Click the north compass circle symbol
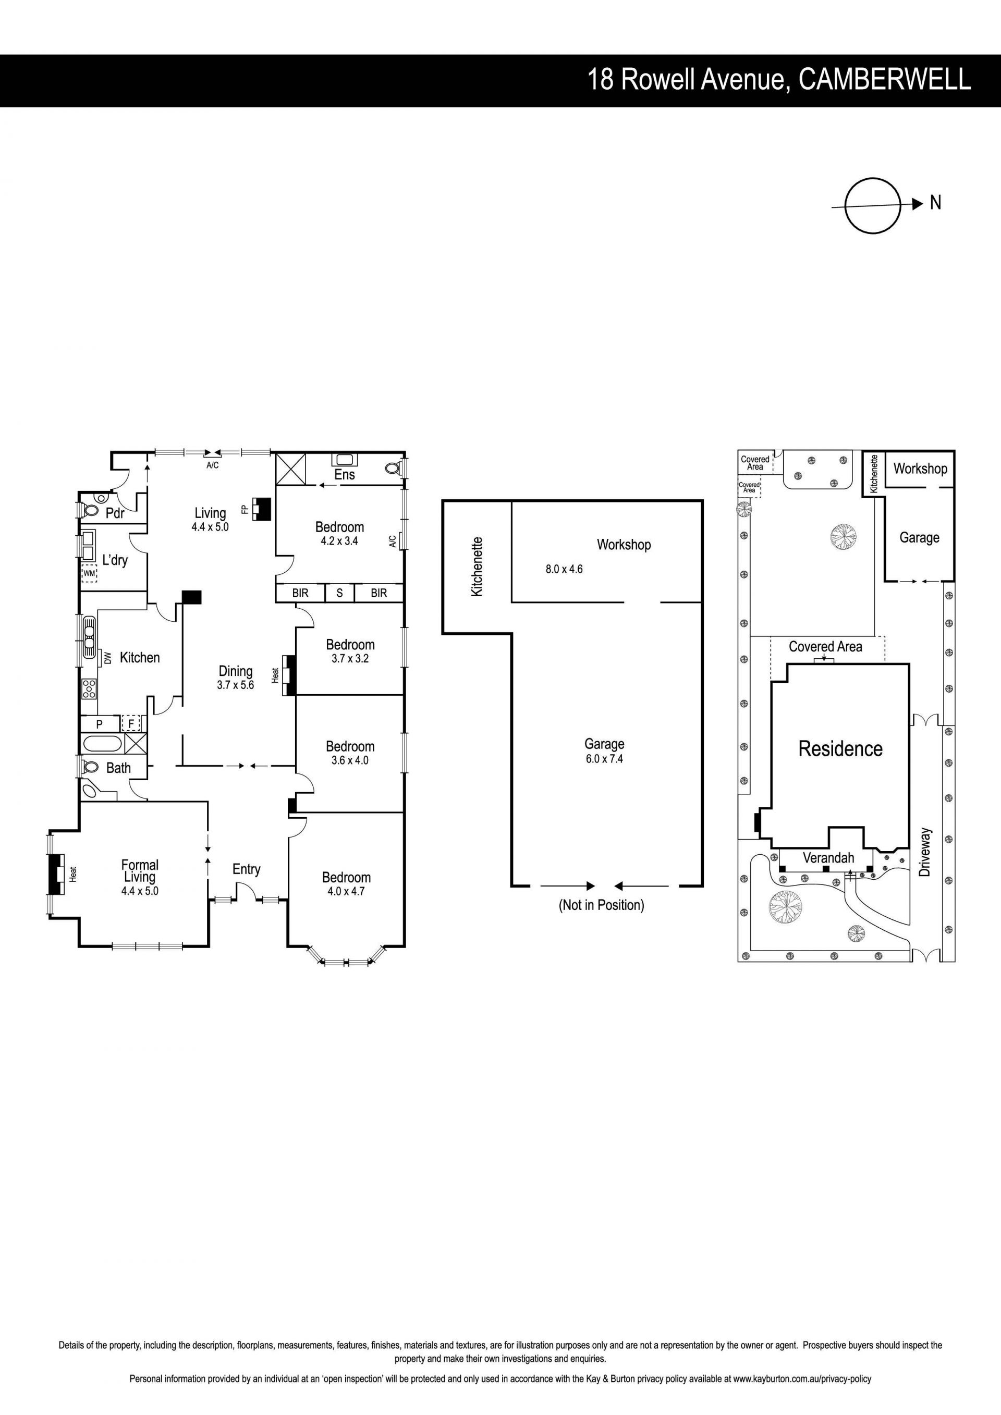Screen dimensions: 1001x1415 873,179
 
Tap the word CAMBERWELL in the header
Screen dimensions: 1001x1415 885,80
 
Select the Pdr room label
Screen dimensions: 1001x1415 115,513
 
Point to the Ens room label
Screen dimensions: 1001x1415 345,475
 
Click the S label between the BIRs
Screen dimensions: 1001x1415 339,593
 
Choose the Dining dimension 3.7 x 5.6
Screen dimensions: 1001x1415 236,685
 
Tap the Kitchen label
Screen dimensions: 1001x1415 140,658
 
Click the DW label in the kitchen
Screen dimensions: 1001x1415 108,658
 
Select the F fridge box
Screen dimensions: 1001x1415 131,723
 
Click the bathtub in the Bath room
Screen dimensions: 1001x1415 103,743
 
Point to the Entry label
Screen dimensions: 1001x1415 247,869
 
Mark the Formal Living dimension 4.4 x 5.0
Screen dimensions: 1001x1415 140,891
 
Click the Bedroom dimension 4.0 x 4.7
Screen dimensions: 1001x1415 346,891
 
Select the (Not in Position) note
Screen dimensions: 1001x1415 602,905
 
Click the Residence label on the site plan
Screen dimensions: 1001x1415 841,749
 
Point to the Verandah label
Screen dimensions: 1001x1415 828,858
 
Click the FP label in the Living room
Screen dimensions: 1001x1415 245,509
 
